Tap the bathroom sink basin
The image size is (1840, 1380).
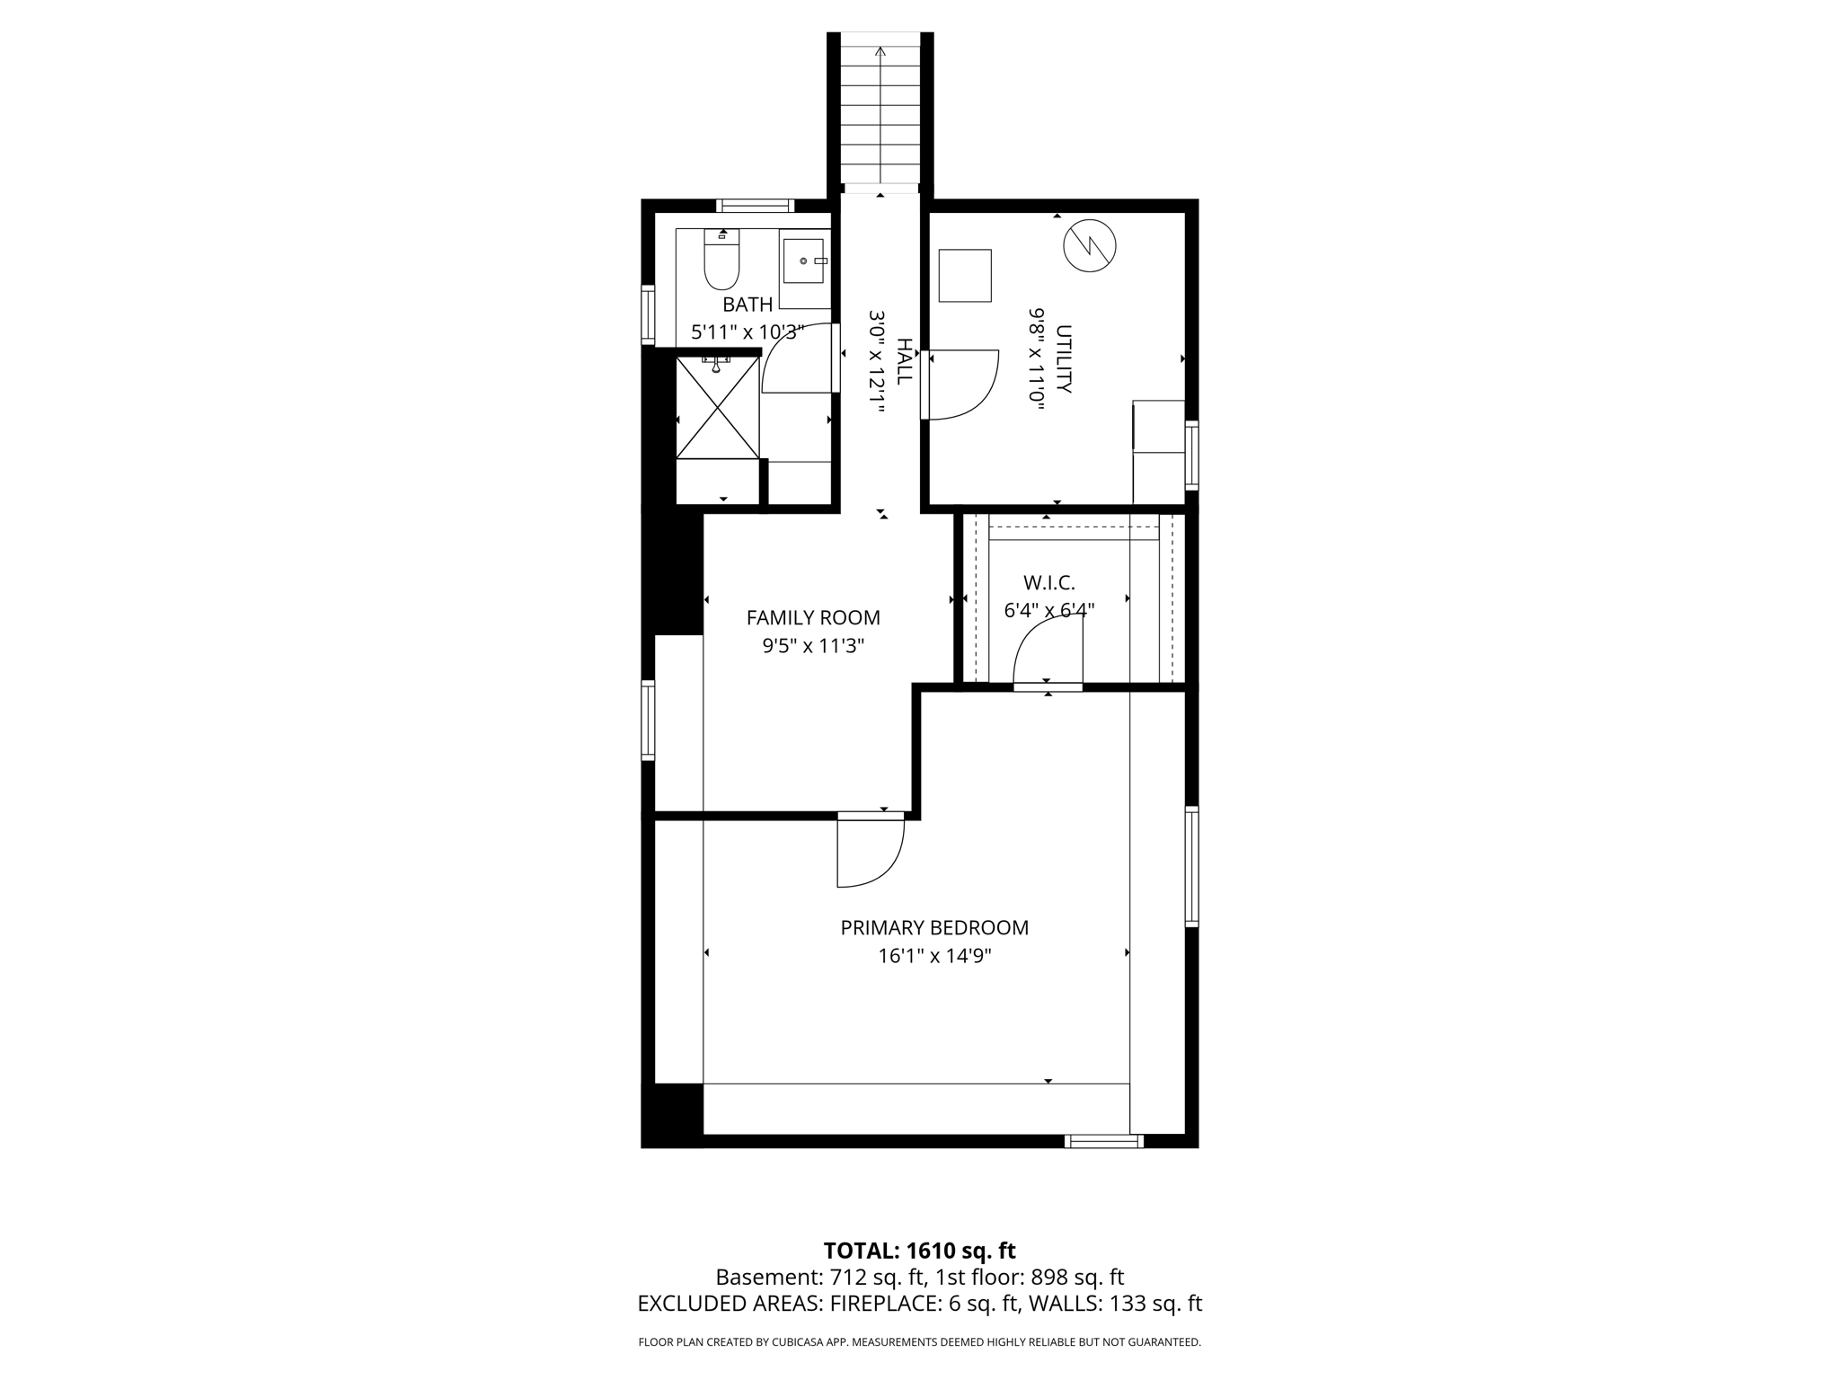point(805,261)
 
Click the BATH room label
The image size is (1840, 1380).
point(747,305)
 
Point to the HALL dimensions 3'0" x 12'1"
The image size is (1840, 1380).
point(877,361)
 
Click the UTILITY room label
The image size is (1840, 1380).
point(1064,358)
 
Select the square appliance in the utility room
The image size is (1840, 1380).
point(965,275)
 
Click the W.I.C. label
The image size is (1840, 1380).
point(1048,583)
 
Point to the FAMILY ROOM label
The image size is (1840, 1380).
point(813,618)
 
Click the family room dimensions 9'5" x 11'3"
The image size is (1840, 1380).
point(813,646)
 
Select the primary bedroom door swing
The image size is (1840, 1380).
point(870,852)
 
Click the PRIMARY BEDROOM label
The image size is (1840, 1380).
point(934,928)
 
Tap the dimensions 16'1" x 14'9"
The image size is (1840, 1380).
point(934,956)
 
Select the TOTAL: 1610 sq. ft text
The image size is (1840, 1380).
point(919,1251)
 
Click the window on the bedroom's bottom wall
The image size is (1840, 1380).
point(1103,1141)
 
